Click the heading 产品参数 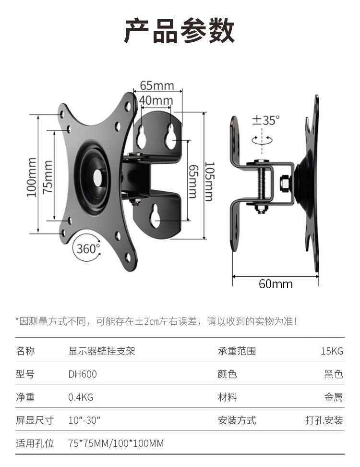coord(180,32)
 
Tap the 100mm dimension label coord(32,177)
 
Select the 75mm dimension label coord(48,177)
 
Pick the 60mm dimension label coord(276,284)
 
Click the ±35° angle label coord(266,120)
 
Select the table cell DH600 coord(83,374)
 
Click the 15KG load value coord(332,351)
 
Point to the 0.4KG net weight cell coord(81,397)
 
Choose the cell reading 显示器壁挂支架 coord(102,351)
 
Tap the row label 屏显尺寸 coord(35,420)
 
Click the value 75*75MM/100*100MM coord(116,443)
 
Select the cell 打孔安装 coord(324,420)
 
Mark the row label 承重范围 coord(237,351)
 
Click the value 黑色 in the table coord(334,374)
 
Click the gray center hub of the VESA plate coord(99,176)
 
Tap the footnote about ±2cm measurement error coord(156,321)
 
